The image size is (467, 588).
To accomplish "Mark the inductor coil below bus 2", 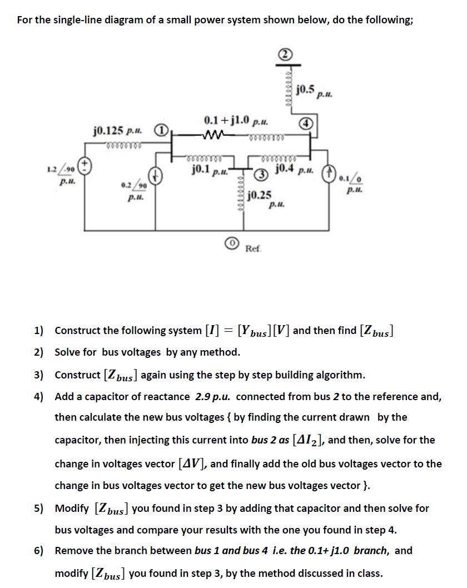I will [x=287, y=83].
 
